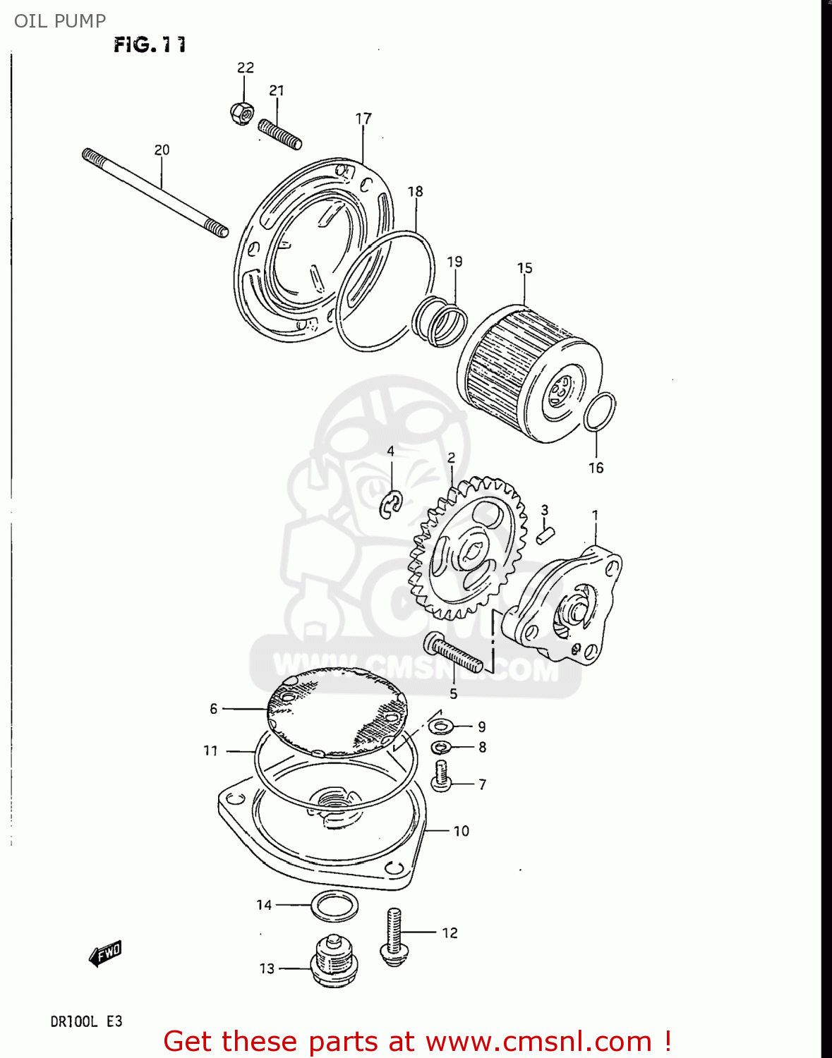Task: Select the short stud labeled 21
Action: [x=279, y=134]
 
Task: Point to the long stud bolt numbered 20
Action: [x=155, y=193]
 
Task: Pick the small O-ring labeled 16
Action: [x=600, y=411]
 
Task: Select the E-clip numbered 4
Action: [x=390, y=504]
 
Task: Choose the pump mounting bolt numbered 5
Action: [x=453, y=652]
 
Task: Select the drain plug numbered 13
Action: [x=334, y=961]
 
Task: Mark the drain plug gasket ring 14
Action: [x=334, y=906]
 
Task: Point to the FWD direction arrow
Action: [x=105, y=954]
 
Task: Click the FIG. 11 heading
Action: [x=150, y=45]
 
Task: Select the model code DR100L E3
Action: [x=86, y=1021]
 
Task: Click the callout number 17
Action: [x=363, y=118]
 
